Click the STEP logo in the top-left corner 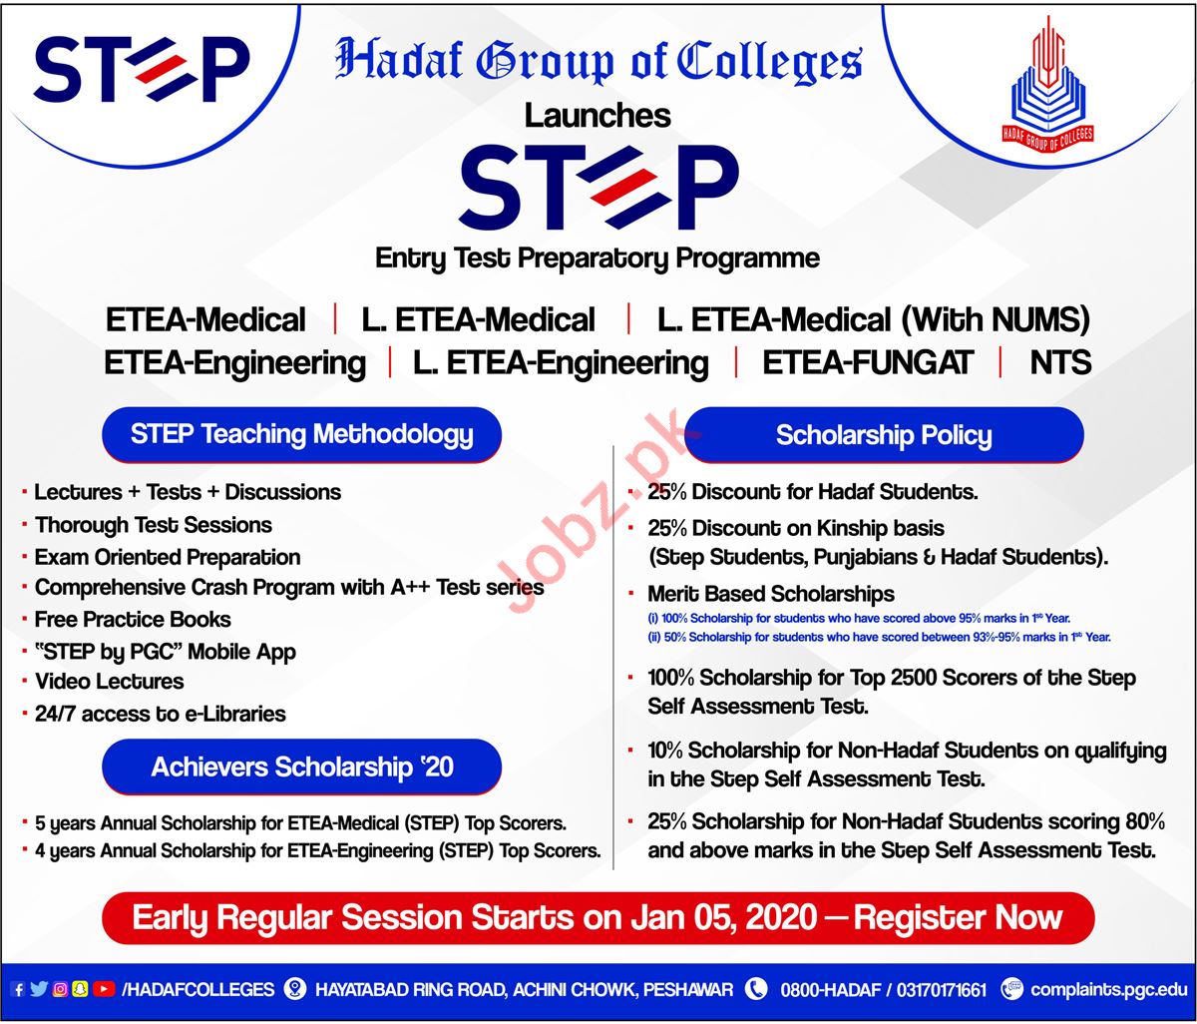142,69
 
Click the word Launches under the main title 598,116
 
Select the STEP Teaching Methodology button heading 301,434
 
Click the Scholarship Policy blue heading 884,434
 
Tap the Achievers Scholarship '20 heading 301,767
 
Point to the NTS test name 1060,362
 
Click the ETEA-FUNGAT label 867,362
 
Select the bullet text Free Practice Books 133,620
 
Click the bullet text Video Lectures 110,682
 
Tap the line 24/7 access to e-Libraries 161,714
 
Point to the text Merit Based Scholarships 771,594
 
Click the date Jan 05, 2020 724,917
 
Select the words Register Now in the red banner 958,917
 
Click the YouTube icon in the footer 103,989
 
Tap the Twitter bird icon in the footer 39,989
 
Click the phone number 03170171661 941,990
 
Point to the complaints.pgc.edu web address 1108,990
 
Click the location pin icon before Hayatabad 295,989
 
